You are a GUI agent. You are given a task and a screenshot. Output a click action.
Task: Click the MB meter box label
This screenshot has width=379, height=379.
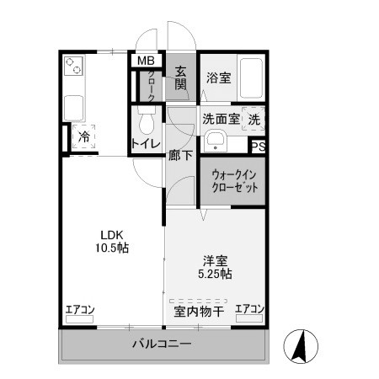[146, 61]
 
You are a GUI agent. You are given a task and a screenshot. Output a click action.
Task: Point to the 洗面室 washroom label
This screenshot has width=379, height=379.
[221, 119]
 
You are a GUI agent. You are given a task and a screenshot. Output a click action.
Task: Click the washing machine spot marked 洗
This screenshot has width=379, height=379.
[254, 120]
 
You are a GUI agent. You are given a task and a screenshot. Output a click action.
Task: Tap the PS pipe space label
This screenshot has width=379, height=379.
[259, 146]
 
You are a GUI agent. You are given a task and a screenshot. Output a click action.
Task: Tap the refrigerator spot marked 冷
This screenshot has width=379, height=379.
[84, 136]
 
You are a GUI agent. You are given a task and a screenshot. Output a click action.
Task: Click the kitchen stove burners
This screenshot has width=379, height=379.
[72, 66]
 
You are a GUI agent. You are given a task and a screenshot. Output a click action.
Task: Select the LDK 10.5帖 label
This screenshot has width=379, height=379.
[110, 242]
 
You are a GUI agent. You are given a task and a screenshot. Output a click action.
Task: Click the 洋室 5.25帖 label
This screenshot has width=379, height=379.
[216, 268]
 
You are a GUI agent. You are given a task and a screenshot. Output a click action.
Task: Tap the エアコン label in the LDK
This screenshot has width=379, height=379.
[80, 310]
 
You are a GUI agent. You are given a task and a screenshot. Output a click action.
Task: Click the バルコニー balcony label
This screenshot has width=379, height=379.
[162, 344]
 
